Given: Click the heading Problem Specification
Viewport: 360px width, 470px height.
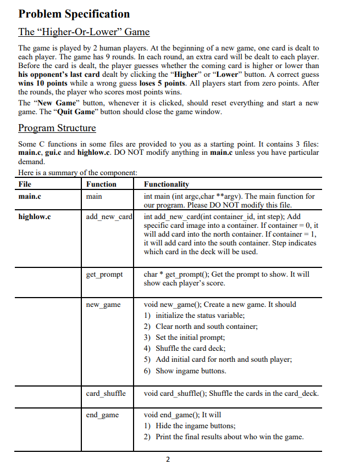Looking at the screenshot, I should pyautogui.click(x=74, y=14).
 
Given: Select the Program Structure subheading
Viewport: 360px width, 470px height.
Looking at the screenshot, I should pyautogui.click(x=57, y=128).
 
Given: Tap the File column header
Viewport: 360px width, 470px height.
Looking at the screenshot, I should pyautogui.click(x=25, y=184).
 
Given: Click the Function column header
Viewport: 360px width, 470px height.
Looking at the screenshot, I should pyautogui.click(x=102, y=184).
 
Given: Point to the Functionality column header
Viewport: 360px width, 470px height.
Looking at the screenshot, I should pyautogui.click(x=166, y=184).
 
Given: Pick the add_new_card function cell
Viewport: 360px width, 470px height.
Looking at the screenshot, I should pyautogui.click(x=109, y=217).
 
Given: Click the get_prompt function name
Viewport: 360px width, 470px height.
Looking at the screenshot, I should pyautogui.click(x=104, y=274).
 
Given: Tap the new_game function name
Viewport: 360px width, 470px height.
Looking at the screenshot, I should pyautogui.click(x=103, y=304).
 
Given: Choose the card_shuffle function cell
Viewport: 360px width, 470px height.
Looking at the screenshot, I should pyautogui.click(x=106, y=393).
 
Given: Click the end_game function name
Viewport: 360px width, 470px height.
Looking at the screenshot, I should pyautogui.click(x=102, y=415).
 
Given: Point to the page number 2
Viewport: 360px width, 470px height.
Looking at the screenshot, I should pyautogui.click(x=168, y=460).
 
